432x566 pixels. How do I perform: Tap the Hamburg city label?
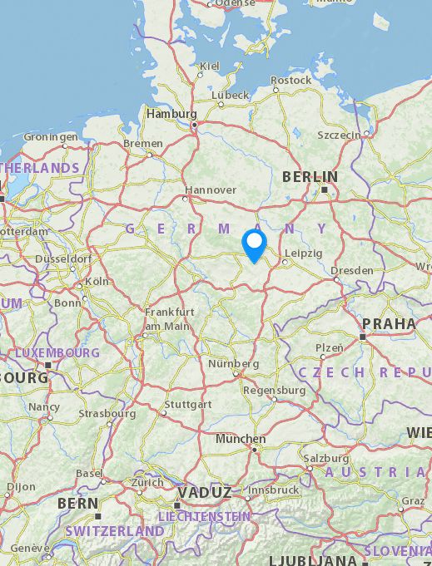point(171,114)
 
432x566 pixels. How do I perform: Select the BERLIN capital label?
point(310,176)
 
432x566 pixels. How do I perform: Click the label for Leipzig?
point(303,253)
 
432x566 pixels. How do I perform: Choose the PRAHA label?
point(389,323)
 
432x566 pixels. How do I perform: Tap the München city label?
point(241,438)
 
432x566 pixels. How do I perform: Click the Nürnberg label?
point(234,364)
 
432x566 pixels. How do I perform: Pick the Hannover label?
point(211,189)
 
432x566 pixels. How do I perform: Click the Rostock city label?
point(291,81)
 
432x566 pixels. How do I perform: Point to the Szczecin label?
point(340,135)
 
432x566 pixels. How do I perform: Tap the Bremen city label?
point(143,143)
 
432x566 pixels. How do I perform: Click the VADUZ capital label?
point(204,492)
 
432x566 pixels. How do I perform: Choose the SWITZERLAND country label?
point(114,530)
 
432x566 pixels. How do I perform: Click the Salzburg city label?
point(325,458)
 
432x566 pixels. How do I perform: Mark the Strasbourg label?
point(107,413)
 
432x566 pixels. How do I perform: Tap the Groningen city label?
point(50,137)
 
